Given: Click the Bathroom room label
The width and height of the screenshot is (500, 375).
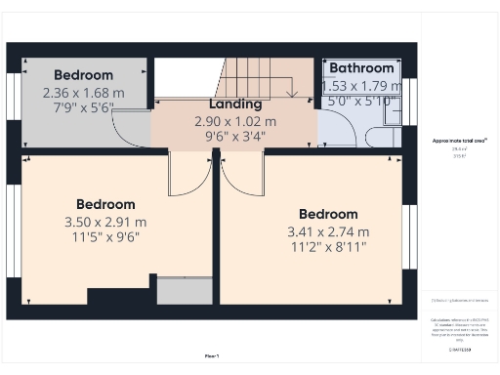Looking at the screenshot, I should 361,67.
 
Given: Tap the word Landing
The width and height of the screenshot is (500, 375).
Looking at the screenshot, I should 235,104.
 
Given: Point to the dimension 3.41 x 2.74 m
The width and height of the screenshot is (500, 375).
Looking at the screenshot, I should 328,231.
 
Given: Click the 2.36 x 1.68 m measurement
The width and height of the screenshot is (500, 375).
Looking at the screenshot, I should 83,93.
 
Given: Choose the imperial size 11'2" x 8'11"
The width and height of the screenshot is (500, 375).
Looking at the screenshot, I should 328,248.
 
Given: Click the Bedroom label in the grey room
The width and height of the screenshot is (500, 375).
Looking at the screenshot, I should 83,74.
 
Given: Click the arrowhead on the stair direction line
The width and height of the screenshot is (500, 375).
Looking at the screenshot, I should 292,94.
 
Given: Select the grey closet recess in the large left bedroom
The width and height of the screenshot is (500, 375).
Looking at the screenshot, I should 184,291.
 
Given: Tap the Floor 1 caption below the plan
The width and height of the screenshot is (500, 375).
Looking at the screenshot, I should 211,356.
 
